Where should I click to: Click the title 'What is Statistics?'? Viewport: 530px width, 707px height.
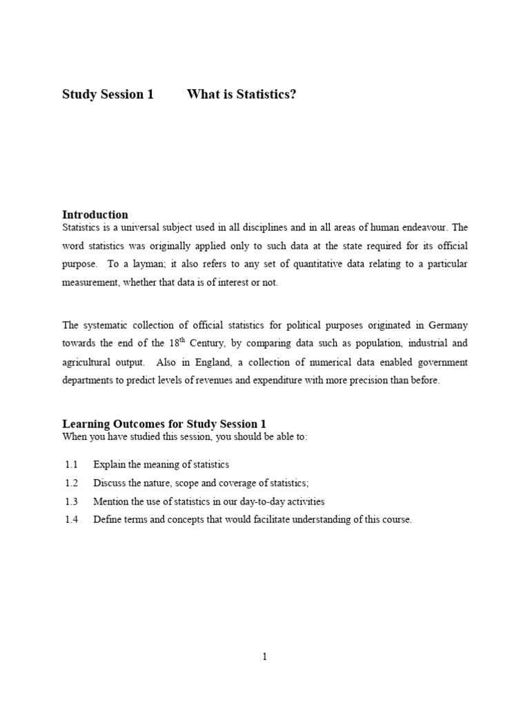point(242,95)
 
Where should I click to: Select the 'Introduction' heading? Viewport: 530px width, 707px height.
point(95,215)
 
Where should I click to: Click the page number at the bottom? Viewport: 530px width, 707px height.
point(264,657)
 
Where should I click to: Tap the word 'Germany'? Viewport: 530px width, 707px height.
point(446,325)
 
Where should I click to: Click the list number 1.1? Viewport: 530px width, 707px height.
point(71,465)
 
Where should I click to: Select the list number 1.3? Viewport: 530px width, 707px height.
point(71,502)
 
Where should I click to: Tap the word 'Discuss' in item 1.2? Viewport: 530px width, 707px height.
point(109,483)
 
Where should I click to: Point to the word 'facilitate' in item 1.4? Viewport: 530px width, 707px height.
point(246,521)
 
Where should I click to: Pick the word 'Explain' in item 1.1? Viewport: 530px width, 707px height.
point(108,465)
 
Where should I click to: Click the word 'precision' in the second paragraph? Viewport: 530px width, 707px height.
point(355,381)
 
